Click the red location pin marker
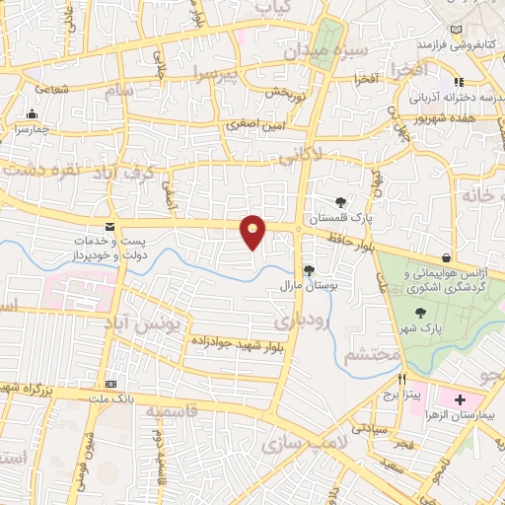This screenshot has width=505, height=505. (253, 232)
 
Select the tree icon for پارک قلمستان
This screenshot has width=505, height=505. (341, 202)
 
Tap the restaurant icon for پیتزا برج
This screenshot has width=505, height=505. (402, 379)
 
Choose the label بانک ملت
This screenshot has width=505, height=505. (116, 399)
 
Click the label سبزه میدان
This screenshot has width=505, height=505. (333, 47)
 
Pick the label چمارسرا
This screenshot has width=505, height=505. (30, 128)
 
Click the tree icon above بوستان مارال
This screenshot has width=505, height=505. (309, 269)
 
